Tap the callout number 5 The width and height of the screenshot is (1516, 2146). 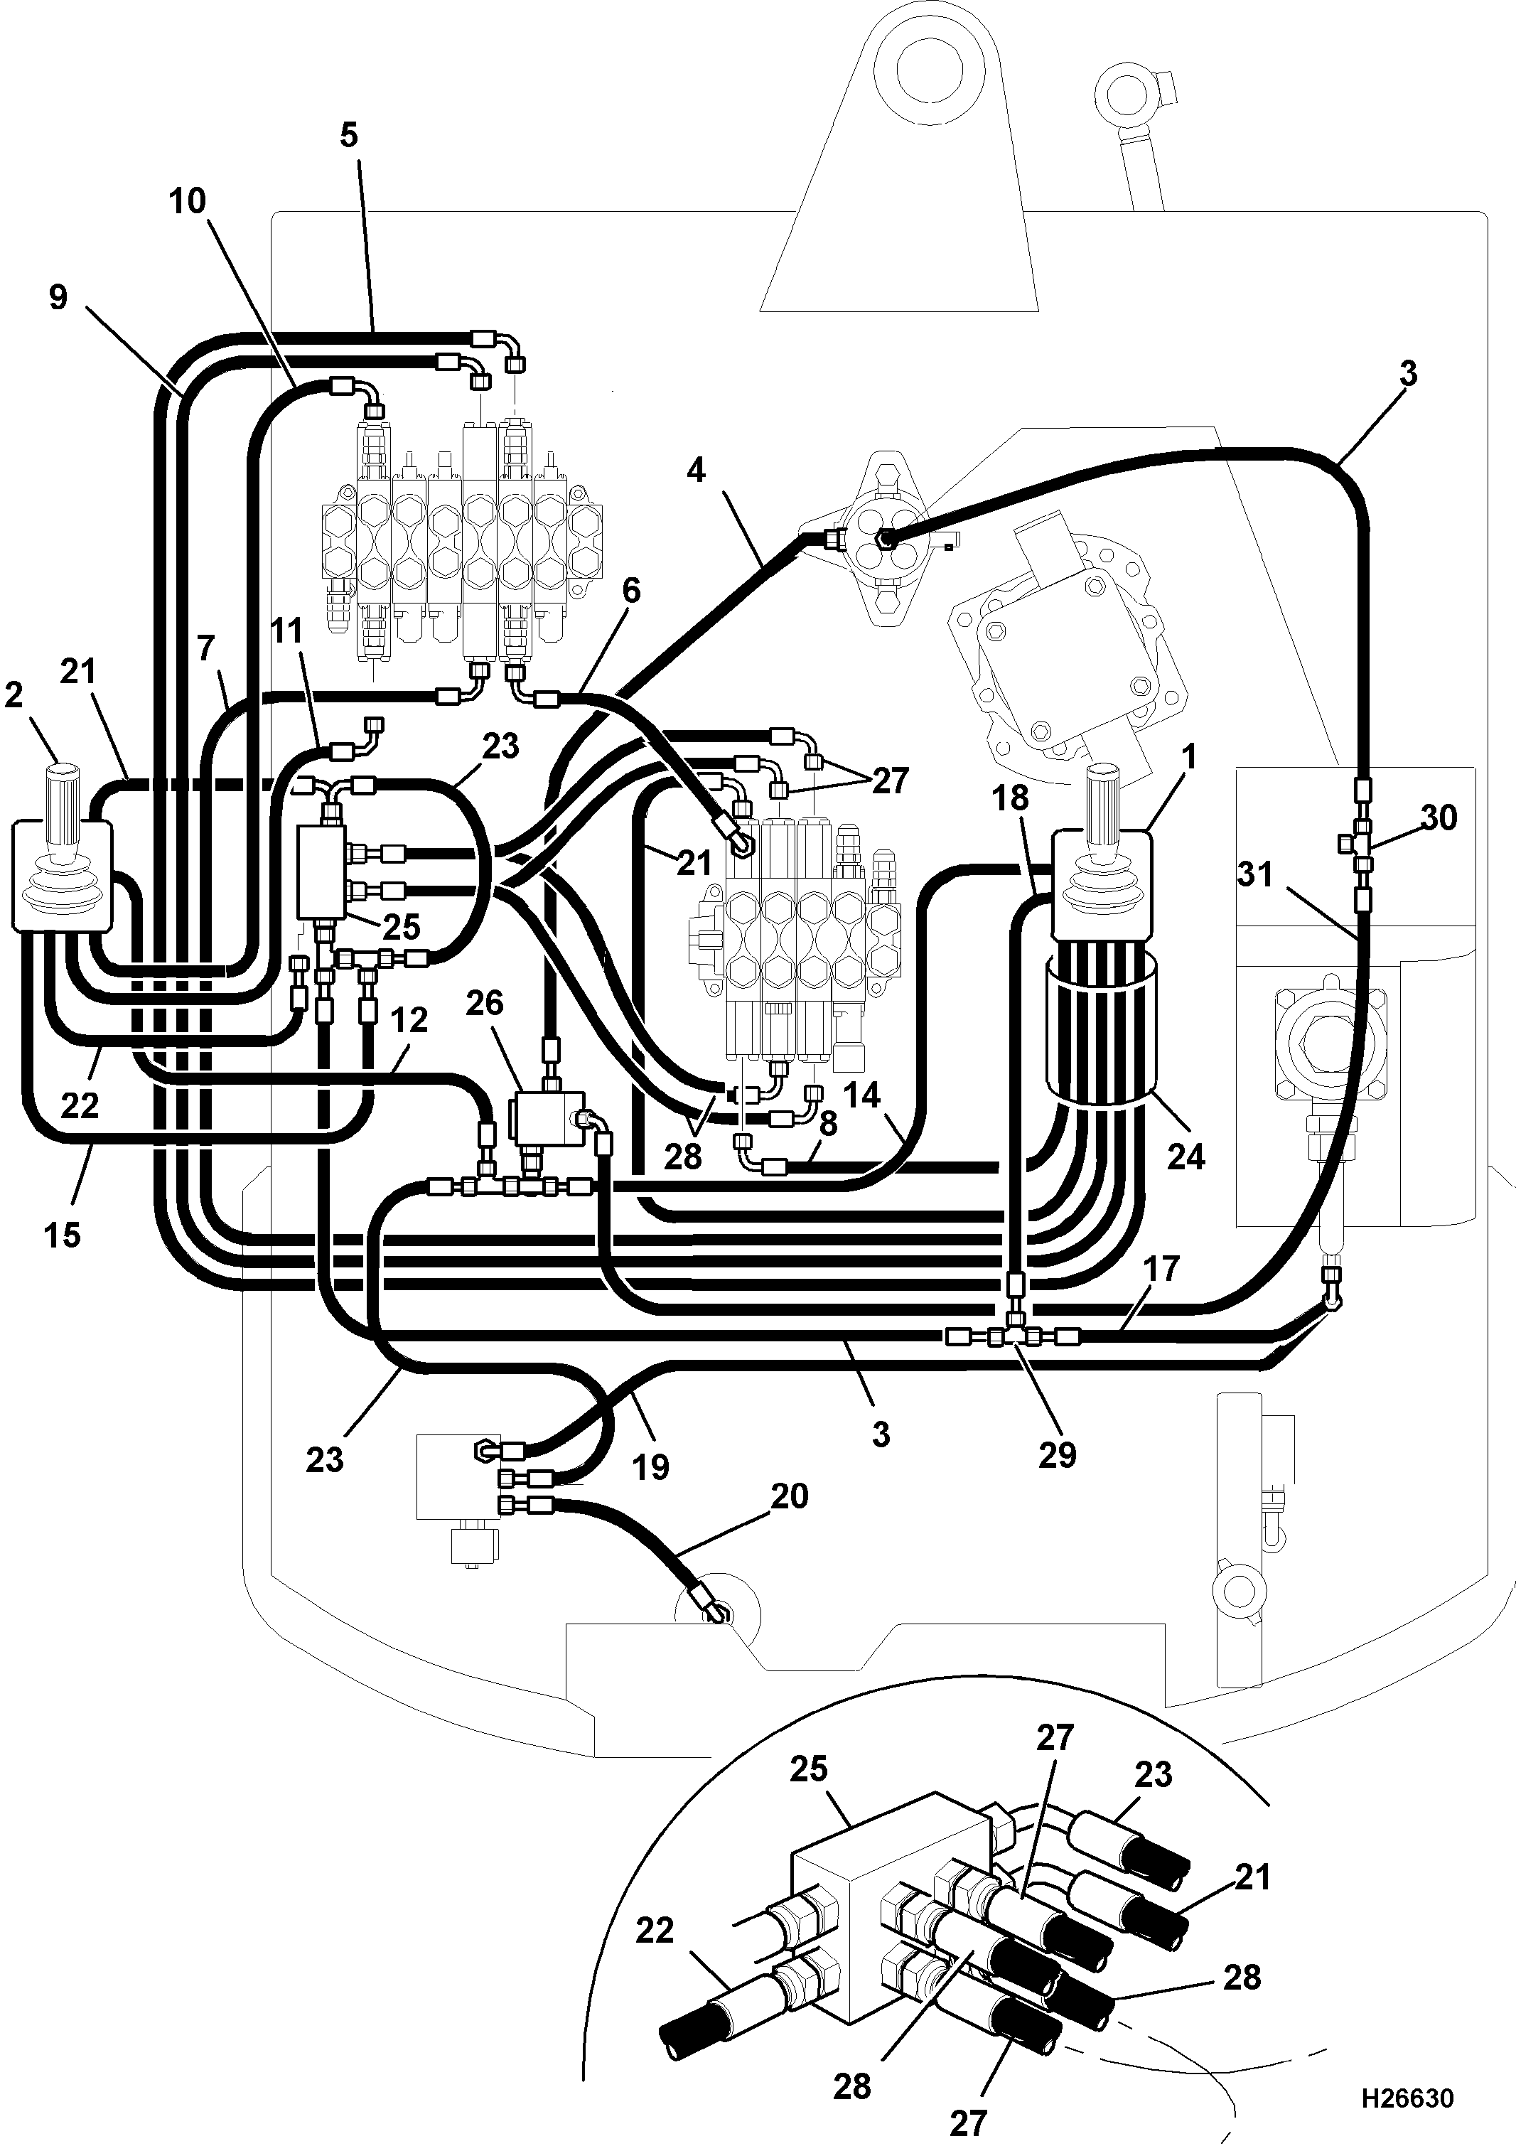tap(349, 136)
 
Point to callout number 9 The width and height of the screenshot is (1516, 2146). tap(58, 298)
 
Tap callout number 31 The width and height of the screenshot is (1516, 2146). tap(1256, 875)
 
